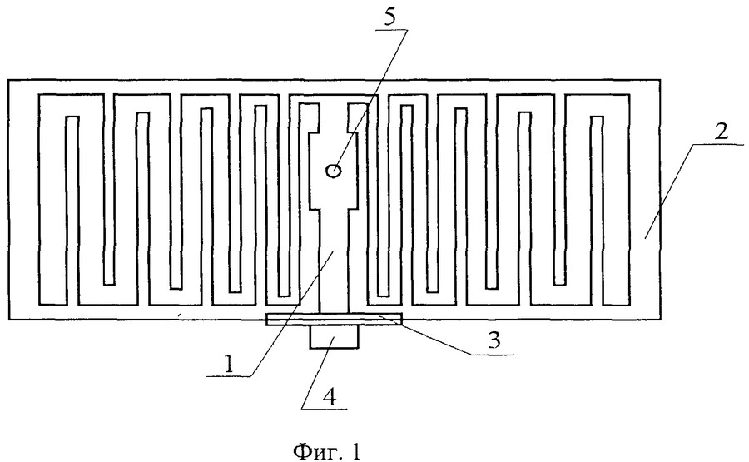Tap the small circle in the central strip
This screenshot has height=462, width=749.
point(332,171)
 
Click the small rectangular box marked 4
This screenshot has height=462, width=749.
point(334,336)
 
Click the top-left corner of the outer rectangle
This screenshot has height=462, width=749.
point(7,80)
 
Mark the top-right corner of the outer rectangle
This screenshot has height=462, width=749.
point(661,80)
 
